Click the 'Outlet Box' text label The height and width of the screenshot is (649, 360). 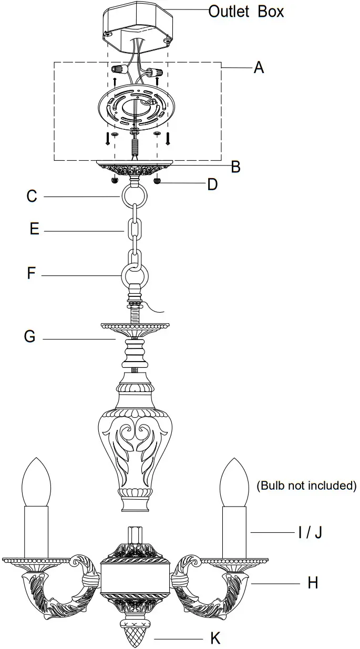click(246, 11)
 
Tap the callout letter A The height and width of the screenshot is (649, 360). click(259, 68)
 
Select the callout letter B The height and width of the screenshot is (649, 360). click(235, 167)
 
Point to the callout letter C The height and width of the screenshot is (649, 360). click(32, 197)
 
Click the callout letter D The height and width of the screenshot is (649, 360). click(212, 184)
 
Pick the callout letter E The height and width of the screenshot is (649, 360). click(34, 230)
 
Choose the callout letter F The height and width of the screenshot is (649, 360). click(32, 274)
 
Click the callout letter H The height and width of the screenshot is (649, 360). click(313, 583)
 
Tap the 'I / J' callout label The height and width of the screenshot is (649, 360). click(310, 533)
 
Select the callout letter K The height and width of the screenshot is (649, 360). click(215, 638)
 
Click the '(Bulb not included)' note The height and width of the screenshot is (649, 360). click(306, 486)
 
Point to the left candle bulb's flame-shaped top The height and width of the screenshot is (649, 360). click(37, 481)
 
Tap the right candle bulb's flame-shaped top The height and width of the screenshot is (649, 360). click(234, 481)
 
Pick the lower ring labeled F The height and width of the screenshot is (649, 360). click(135, 274)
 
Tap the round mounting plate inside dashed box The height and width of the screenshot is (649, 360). click(136, 105)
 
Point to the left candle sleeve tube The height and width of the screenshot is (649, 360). click(36, 531)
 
